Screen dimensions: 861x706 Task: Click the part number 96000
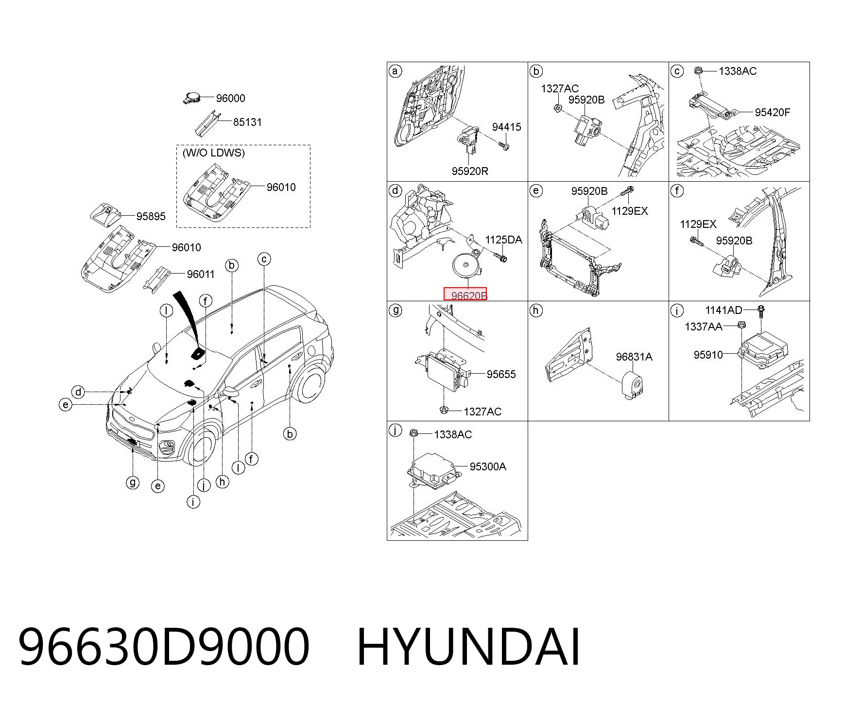pos(230,98)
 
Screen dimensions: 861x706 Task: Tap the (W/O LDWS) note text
pos(213,153)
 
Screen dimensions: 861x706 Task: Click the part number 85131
pos(247,122)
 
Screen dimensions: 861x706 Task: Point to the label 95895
pos(151,216)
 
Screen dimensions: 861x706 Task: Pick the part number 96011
pos(201,274)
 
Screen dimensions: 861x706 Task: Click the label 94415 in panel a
pos(506,127)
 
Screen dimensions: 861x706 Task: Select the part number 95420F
pos(773,112)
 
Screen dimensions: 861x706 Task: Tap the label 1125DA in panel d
pos(504,240)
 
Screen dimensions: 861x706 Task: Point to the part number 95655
pos(501,374)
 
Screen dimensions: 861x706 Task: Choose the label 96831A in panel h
pos(634,357)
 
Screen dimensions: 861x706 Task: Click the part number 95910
pos(708,355)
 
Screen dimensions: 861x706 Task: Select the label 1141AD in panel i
pos(724,310)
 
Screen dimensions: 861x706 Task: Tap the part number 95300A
pos(488,466)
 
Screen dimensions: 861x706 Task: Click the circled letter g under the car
pos(133,482)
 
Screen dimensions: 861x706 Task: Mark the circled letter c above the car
pos(264,259)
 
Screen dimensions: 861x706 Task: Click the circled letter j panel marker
pos(396,430)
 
